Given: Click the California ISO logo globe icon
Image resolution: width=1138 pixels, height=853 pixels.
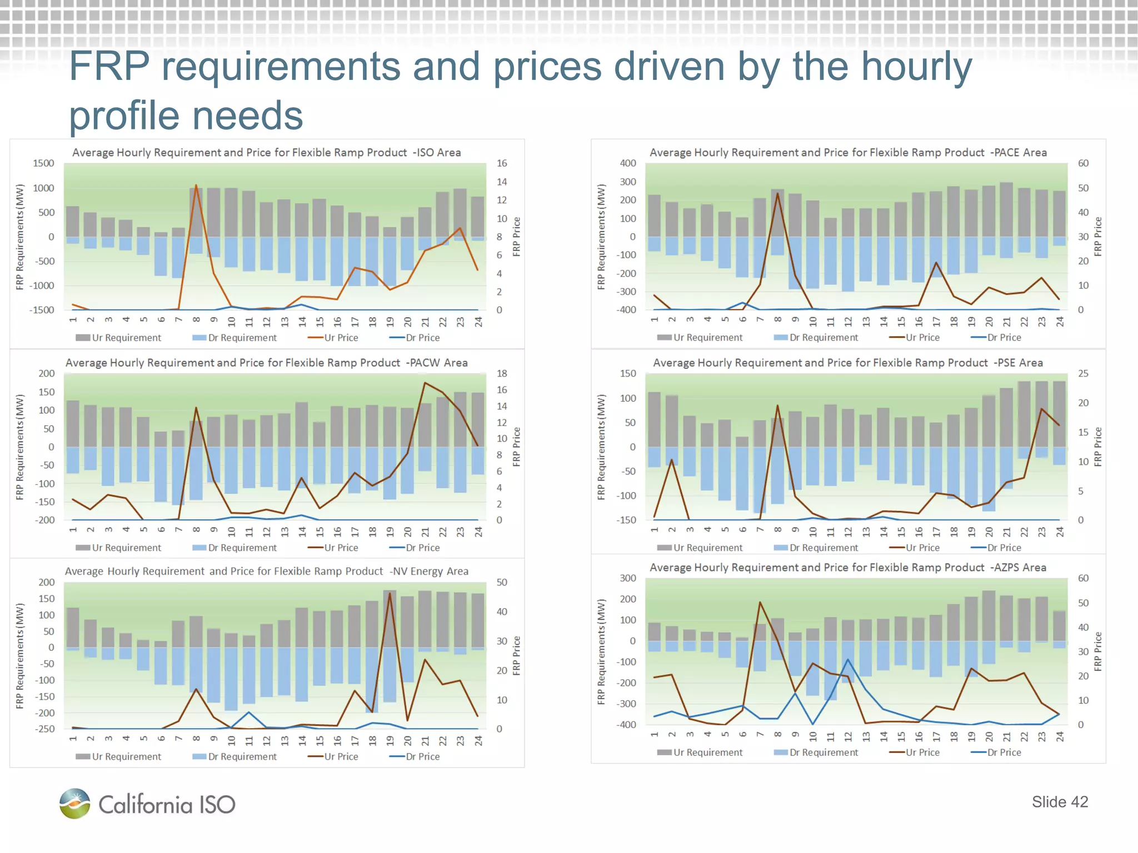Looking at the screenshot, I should tap(74, 803).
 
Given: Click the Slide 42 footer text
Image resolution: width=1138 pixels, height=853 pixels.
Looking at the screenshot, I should tap(1059, 801).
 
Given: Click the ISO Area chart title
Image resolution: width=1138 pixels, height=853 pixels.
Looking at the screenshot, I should tap(266, 152).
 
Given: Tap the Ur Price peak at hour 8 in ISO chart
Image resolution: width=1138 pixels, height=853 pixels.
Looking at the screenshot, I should tap(196, 185).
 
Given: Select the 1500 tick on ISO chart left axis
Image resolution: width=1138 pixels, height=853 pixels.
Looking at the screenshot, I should tap(43, 163).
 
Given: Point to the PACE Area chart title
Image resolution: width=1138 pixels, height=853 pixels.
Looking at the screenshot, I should tap(848, 152).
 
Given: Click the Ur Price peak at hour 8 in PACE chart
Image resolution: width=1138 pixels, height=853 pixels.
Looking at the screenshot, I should tap(777, 193).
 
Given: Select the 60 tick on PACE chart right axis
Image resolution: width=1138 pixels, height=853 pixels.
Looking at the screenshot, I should tap(1083, 163).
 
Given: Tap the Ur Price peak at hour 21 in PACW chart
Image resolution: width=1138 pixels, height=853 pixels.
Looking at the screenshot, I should tap(425, 383).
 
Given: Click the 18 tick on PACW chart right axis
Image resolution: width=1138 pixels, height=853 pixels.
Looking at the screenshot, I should tap(502, 374).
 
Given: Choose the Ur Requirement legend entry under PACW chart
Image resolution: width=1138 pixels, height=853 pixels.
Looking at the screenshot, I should tap(118, 548).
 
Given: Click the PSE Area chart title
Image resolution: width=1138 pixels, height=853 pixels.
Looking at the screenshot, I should tap(848, 363).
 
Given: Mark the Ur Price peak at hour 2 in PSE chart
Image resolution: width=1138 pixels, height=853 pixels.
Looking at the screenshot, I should tap(672, 460).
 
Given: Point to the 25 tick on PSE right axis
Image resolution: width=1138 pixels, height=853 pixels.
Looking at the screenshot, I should tap(1083, 374).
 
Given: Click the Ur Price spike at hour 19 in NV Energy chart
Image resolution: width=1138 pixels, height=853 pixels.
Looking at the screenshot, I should tap(390, 593).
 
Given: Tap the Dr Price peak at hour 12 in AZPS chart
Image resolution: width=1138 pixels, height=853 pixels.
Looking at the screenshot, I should tap(848, 660).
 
